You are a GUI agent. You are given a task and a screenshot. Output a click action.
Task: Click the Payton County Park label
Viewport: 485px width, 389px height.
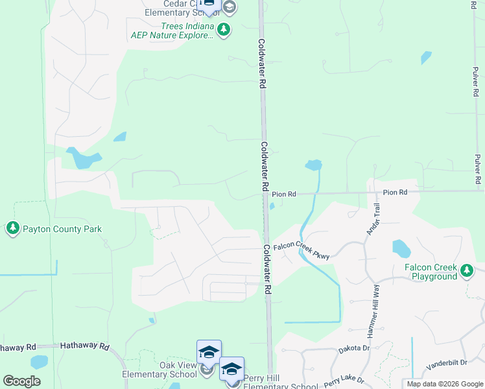pos(62,229)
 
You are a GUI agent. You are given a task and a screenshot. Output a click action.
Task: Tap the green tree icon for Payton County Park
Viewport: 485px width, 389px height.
pos(13,228)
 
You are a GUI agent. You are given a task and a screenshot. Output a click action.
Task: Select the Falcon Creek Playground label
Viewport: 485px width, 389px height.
pos(431,272)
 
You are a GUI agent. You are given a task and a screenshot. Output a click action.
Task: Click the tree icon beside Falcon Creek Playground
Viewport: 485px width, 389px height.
pos(466,271)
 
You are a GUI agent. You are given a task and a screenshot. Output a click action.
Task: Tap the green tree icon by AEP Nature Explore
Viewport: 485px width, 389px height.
pos(224,30)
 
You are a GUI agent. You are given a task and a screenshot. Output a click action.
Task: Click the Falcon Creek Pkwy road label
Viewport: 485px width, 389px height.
pos(302,250)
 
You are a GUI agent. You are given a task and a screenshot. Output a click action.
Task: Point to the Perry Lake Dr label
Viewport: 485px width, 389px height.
pos(344,381)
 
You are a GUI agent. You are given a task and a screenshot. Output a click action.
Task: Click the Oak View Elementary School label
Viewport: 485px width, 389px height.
pos(160,370)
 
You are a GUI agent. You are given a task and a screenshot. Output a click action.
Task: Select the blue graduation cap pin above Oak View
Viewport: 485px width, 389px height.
pos(209,352)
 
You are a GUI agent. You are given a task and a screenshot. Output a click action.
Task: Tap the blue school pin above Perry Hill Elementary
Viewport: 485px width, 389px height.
pos(231,368)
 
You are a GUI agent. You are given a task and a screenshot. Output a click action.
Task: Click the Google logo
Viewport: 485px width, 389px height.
pos(21,381)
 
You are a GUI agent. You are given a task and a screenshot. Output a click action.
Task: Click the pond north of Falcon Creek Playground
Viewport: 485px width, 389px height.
pos(401,248)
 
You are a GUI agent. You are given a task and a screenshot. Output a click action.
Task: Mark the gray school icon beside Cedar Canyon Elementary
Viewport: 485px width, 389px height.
pos(228,7)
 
